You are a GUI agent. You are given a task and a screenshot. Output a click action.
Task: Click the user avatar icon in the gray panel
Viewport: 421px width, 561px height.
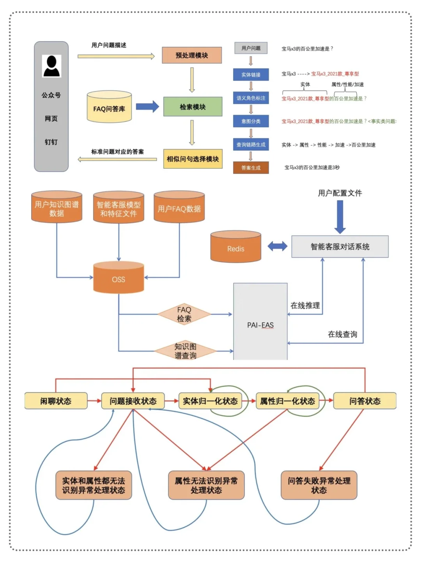coord(51,66)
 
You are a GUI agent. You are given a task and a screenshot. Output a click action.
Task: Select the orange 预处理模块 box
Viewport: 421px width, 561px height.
coord(192,55)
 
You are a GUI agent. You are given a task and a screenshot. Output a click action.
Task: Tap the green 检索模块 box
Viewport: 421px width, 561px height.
coord(193,107)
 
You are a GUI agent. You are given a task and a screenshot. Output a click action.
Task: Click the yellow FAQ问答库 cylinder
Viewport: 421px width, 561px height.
coord(109,108)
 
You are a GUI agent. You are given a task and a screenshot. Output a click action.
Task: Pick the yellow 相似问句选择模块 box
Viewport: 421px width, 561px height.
coord(193,159)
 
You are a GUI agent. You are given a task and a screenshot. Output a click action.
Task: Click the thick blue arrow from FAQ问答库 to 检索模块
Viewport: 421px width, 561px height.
coord(147,106)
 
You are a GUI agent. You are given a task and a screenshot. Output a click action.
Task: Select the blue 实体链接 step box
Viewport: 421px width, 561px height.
coord(251,74)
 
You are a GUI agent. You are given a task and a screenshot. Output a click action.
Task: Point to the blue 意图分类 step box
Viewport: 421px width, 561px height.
coord(251,121)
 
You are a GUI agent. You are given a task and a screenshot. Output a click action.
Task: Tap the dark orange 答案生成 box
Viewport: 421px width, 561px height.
coord(251,168)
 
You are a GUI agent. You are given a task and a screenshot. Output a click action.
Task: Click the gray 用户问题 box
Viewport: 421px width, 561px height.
coord(251,48)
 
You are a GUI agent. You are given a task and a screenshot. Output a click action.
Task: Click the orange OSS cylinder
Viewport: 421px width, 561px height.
coord(119,278)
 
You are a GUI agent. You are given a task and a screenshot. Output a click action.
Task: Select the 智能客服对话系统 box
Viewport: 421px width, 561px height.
coord(340,247)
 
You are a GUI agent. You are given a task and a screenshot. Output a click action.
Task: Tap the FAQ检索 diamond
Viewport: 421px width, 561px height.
coord(184,314)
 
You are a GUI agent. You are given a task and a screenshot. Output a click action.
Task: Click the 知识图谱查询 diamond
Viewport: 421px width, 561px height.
coord(185,351)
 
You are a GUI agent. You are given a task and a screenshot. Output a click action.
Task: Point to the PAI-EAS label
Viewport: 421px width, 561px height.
coord(260,325)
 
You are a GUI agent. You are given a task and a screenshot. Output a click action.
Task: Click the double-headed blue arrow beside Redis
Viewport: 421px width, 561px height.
coord(277,246)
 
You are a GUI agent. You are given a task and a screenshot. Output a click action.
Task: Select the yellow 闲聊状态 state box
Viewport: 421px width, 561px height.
coord(56,401)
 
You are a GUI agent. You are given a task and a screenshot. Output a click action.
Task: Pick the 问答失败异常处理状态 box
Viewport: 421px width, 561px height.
coord(319,485)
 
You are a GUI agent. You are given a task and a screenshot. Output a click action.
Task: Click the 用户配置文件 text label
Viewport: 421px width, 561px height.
coord(340,193)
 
